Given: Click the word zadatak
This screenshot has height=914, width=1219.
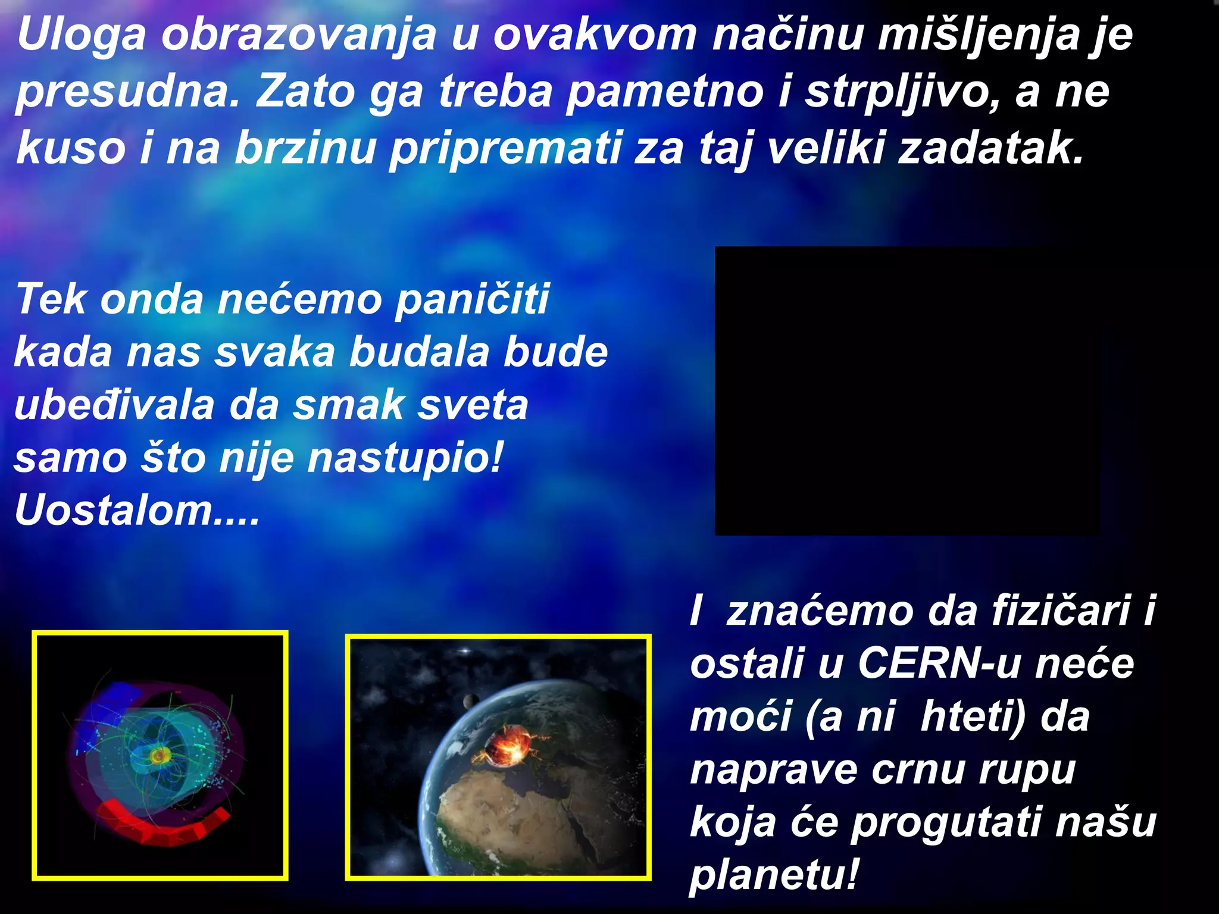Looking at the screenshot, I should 991,149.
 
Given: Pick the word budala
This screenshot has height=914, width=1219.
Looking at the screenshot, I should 419,352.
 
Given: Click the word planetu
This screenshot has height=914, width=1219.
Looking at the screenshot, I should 774,875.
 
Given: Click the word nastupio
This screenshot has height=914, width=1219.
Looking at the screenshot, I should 405,458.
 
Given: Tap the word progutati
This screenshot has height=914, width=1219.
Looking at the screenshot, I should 946,822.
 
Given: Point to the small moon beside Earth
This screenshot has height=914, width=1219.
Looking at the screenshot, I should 470,701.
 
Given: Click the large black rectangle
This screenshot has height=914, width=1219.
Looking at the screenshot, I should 907,391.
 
